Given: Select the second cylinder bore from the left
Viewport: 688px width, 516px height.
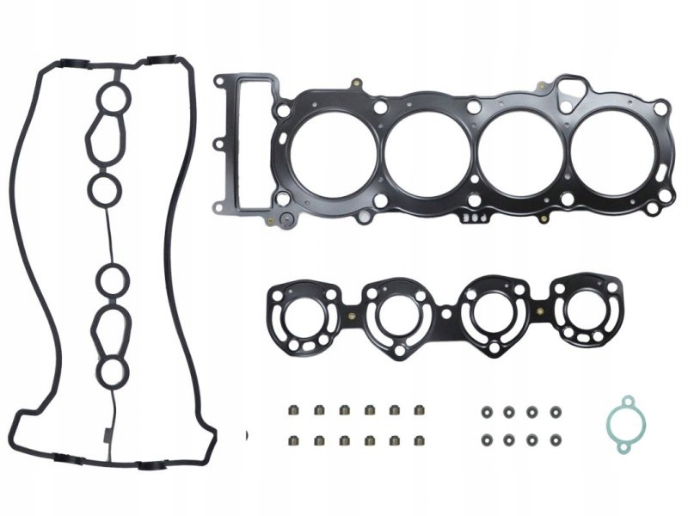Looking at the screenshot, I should pos(427,155).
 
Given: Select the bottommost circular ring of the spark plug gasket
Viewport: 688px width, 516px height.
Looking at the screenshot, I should pos(110,372).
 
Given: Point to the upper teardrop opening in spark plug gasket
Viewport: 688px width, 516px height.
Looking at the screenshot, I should pos(106,138).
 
